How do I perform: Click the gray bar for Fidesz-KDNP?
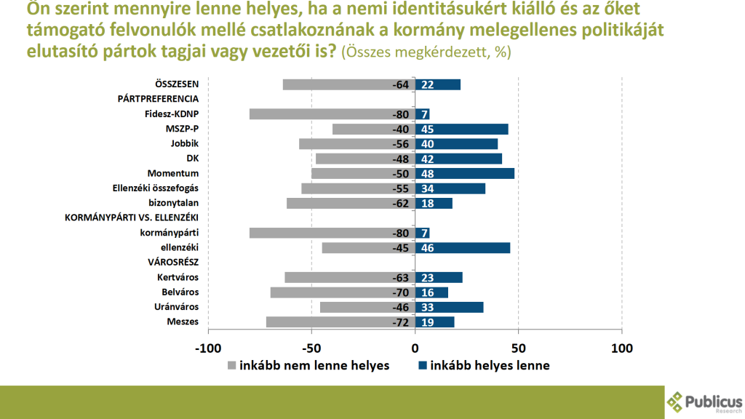pos(332,114)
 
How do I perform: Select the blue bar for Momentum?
pos(465,173)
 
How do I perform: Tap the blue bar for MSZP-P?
pos(462,129)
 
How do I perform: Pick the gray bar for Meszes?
pos(340,322)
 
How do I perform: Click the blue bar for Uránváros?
pos(450,307)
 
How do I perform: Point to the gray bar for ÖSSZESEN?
pos(348,84)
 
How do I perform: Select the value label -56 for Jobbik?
pos(401,144)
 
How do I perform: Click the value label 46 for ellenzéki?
pos(428,248)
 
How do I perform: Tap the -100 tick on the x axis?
pos(208,348)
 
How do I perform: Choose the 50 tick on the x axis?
pos(518,348)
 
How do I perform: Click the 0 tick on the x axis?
pos(415,348)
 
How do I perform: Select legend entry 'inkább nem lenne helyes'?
pos(308,365)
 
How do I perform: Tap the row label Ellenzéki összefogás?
pos(158,188)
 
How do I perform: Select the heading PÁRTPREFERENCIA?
pos(158,99)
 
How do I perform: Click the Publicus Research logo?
pos(704,402)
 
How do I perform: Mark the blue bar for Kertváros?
pos(439,277)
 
